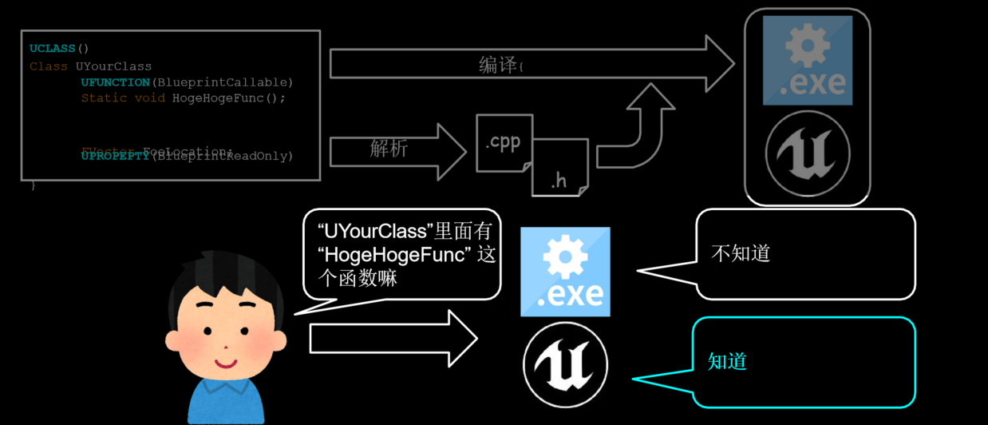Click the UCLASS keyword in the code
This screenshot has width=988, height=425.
coord(53,49)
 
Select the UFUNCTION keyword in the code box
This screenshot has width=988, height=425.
coord(115,82)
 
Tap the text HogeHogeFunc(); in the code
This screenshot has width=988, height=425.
coord(228,98)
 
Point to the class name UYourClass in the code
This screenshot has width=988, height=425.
coord(113,66)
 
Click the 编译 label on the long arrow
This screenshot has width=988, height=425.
coord(498,66)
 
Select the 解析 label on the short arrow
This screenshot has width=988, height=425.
coord(389,149)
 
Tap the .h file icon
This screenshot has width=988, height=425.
coord(559,177)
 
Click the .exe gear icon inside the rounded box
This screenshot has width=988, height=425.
coord(807,60)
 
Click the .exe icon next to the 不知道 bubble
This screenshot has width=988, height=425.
coord(565,272)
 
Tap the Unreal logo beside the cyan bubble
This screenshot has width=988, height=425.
coord(565,365)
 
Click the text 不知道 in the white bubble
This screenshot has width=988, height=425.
coord(740,253)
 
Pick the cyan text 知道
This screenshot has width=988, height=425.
coord(727,361)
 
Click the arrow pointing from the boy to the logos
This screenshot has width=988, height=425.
coord(391,339)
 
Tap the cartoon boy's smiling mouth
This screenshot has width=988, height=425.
coord(227,362)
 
